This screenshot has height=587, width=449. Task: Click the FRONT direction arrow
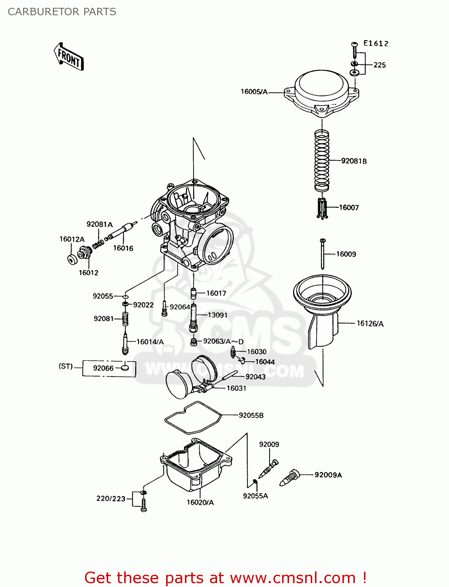point(69,57)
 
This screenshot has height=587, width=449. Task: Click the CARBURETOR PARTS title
point(62,12)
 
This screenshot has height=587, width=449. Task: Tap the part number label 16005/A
point(254,92)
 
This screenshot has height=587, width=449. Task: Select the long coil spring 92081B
point(322,160)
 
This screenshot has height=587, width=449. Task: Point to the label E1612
point(375,43)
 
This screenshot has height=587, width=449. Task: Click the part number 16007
point(349,207)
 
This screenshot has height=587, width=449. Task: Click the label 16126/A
point(370,323)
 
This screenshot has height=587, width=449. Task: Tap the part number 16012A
point(72,239)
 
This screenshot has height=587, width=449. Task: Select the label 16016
point(123,248)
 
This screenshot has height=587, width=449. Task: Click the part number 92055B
point(251,415)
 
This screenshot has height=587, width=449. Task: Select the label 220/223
point(111,499)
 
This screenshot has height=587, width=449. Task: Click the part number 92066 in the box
point(103,368)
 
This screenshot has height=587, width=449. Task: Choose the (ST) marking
point(66,366)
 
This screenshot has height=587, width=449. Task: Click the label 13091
point(217,315)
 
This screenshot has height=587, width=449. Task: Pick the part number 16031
point(236,388)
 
